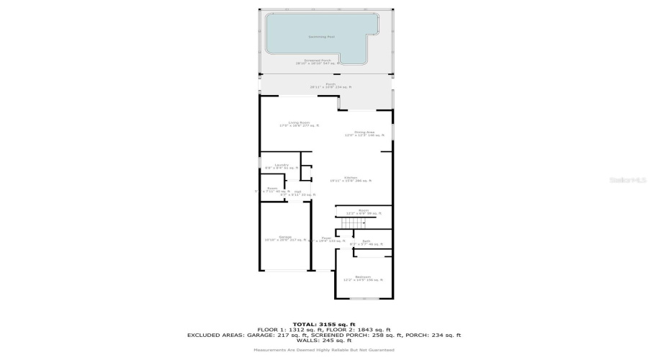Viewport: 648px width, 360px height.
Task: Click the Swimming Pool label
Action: click(x=322, y=36)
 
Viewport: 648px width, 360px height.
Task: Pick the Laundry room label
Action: click(x=281, y=166)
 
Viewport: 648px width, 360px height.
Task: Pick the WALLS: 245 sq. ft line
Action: click(x=323, y=340)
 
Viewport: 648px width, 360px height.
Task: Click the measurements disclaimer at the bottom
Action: click(x=323, y=350)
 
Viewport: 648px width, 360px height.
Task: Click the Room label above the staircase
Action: click(x=363, y=212)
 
